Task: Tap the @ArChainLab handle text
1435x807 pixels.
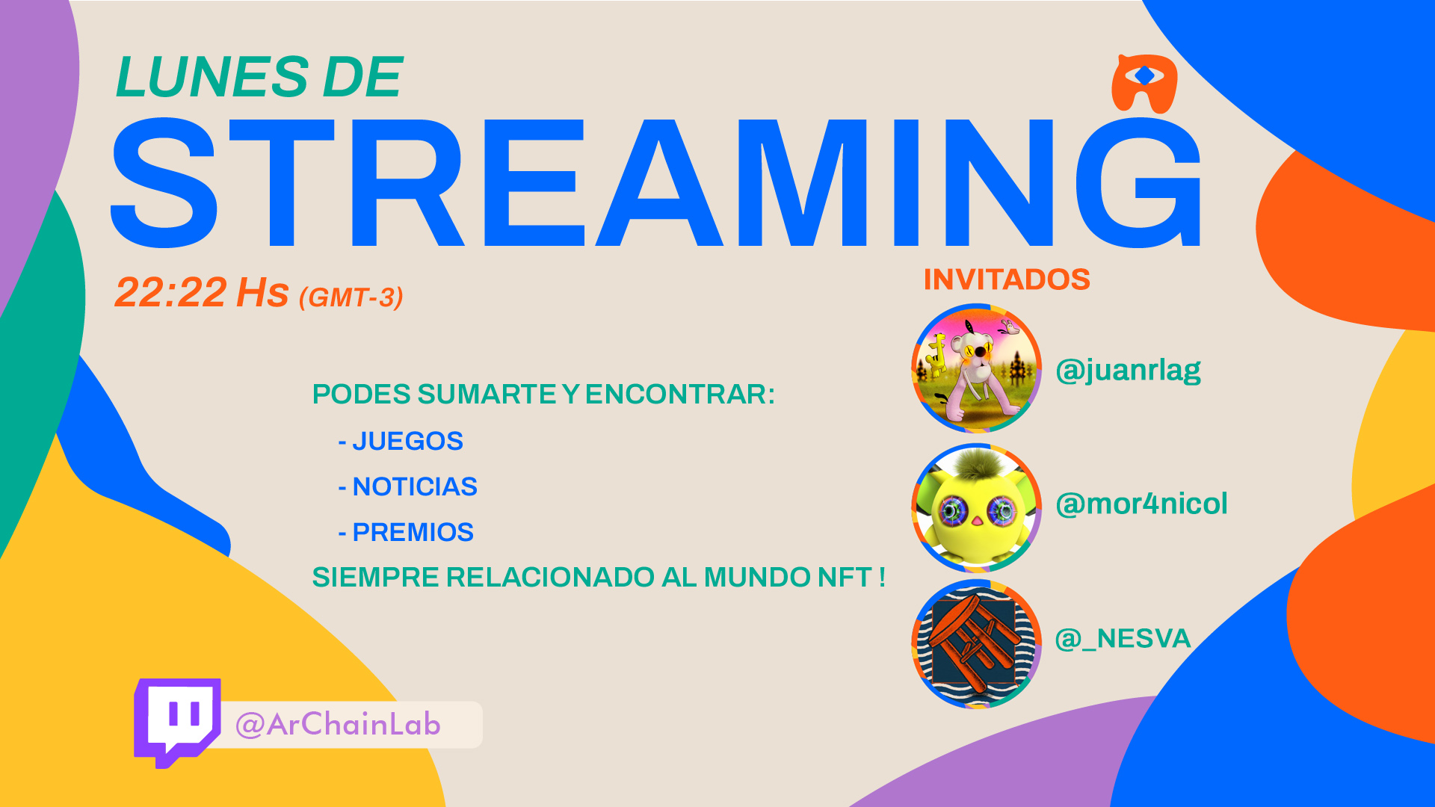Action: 338,725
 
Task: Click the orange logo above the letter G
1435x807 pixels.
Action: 1144,83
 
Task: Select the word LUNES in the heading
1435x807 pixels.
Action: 212,77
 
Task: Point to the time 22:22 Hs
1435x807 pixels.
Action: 202,292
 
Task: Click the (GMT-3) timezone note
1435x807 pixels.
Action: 351,297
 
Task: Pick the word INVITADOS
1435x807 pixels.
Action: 1007,279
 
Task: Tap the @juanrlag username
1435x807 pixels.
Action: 1128,370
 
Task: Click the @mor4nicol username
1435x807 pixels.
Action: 1141,504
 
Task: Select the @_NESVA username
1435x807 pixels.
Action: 1123,639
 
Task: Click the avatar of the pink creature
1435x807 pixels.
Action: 976,368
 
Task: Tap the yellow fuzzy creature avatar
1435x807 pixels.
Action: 976,508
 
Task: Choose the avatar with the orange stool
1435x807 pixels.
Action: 976,643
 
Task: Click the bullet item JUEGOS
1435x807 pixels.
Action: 401,442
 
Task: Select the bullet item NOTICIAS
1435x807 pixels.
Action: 407,487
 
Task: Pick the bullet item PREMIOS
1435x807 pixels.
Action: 406,533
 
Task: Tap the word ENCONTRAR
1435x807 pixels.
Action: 679,395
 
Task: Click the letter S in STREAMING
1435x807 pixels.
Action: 164,183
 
